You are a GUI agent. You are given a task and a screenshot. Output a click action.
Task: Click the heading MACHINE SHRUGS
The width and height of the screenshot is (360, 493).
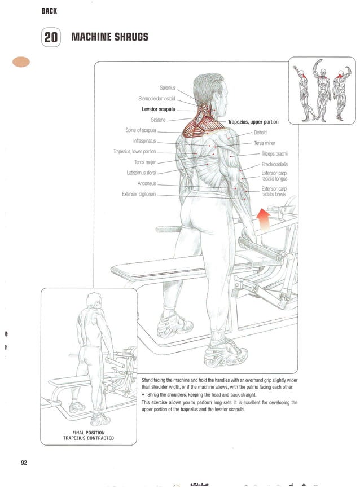tap(109, 37)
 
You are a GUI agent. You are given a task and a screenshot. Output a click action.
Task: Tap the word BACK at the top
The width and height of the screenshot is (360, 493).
tap(49, 11)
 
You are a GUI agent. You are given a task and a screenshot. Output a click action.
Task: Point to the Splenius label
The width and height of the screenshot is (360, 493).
tap(168, 87)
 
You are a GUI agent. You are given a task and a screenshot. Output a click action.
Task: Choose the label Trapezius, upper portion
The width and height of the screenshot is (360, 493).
tap(253, 122)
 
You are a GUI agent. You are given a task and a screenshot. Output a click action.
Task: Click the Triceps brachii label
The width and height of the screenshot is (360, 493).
tap(275, 153)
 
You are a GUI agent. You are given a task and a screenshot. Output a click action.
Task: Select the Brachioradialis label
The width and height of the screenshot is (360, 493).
tap(275, 164)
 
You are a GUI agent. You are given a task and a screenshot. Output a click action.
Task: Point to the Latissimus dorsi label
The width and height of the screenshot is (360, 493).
tap(141, 173)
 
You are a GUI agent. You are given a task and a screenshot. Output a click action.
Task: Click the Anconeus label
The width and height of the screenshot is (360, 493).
tap(147, 183)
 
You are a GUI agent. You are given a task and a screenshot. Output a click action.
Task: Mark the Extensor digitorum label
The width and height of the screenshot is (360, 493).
tap(138, 194)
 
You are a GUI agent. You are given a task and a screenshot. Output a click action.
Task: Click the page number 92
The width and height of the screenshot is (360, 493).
tap(24, 463)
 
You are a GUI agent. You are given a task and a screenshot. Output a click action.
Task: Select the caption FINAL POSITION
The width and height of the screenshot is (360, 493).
tap(89, 432)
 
